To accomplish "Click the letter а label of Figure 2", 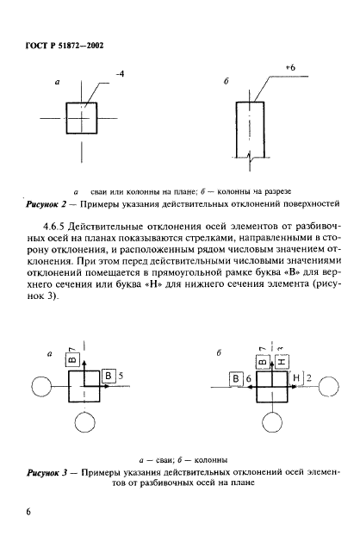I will [x=56, y=84].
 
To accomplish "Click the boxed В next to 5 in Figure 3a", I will [x=109, y=375].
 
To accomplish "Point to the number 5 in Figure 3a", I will [x=121, y=376].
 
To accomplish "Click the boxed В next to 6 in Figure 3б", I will [x=234, y=377].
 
